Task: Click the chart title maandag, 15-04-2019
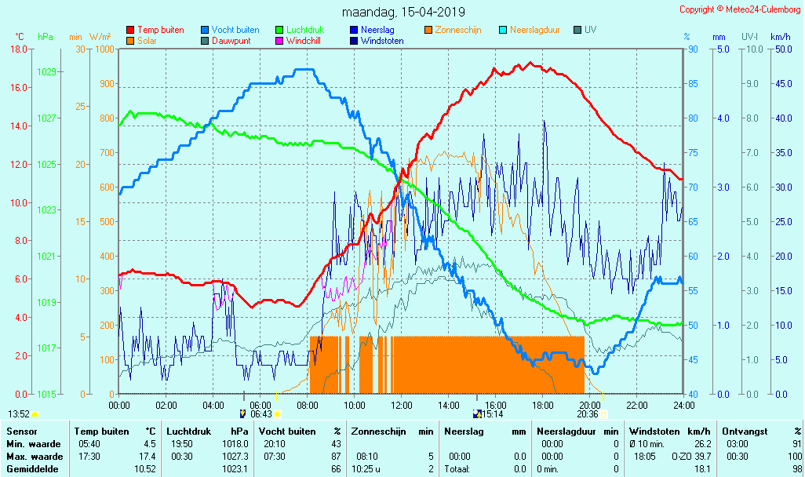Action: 403,12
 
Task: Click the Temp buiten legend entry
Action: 160,30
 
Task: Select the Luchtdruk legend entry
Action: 304,30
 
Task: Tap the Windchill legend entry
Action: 302,41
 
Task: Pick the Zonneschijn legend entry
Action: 457,30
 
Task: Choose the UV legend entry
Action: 590,30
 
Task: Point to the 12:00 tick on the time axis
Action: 402,405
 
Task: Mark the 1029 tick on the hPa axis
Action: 46,72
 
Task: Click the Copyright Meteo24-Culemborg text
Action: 739,9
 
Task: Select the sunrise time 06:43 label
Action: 260,414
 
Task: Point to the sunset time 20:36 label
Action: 588,414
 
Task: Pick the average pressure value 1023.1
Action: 236,469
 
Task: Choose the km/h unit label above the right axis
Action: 780,37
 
